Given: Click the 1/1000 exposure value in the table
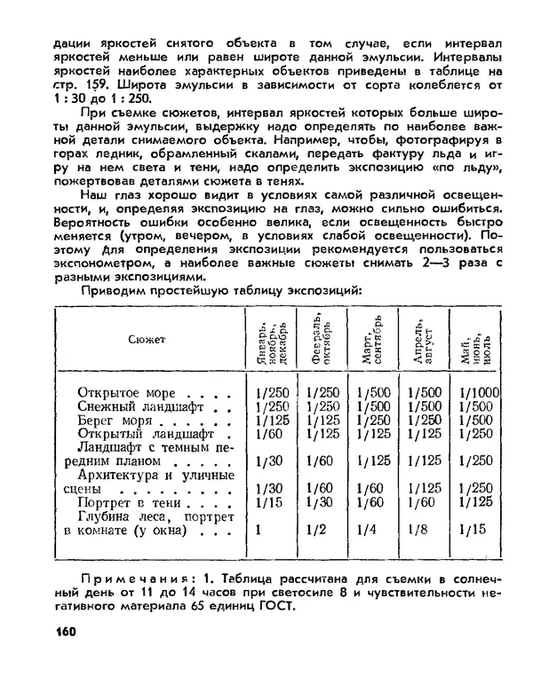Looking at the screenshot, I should pos(481,392).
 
